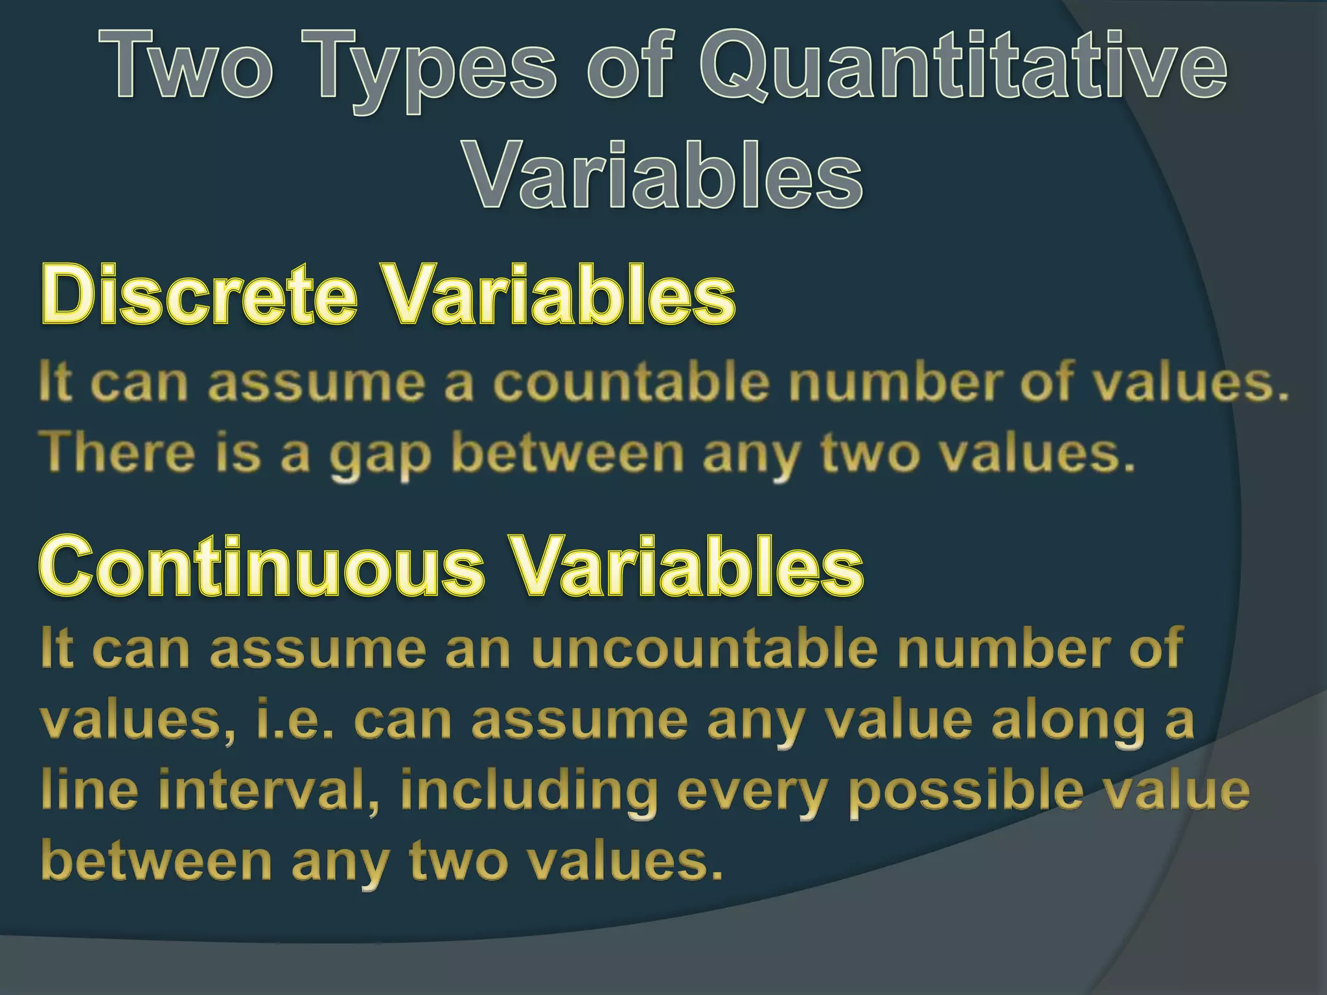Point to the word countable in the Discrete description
(x=632, y=382)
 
